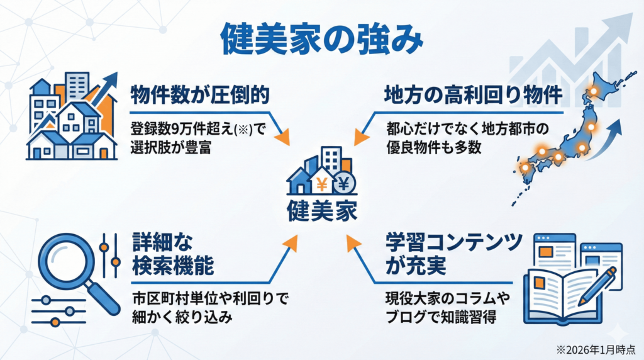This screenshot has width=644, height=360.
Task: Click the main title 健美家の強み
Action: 321,38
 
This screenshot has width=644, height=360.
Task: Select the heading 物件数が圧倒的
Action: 200,95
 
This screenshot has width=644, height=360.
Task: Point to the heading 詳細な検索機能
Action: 172,253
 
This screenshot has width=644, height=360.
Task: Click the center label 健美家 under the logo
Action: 321,208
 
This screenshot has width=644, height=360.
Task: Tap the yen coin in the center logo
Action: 343,184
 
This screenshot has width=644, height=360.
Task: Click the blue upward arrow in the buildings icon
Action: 108,85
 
